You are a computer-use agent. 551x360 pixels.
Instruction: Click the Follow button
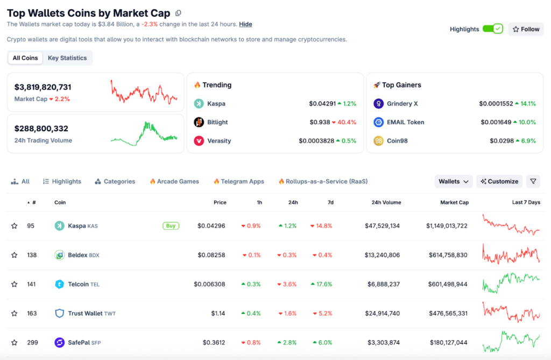pyautogui.click(x=526, y=29)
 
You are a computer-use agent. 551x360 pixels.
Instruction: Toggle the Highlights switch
pyautogui.click(x=492, y=29)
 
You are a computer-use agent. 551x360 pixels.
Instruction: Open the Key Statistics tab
pyautogui.click(x=67, y=58)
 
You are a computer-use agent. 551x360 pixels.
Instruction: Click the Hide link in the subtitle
pyautogui.click(x=245, y=24)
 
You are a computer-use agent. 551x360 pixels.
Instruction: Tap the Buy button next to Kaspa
pyautogui.click(x=171, y=226)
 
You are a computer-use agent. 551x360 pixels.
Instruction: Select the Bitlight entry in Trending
pyautogui.click(x=217, y=122)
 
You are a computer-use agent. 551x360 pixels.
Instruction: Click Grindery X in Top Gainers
pyautogui.click(x=402, y=103)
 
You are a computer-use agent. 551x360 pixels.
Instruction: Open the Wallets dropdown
pyautogui.click(x=453, y=181)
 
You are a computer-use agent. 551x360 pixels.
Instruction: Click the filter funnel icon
pyautogui.click(x=533, y=181)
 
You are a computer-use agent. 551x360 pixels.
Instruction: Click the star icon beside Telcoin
pyautogui.click(x=15, y=284)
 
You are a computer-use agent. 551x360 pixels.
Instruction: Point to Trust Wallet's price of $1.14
pyautogui.click(x=217, y=313)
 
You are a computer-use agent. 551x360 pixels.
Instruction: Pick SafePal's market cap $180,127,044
pyautogui.click(x=448, y=342)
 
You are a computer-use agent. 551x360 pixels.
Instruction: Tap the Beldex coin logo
pyautogui.click(x=60, y=255)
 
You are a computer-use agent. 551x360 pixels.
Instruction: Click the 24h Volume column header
pyautogui.click(x=386, y=202)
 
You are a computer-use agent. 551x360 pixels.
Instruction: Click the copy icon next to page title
pyautogui.click(x=179, y=13)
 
